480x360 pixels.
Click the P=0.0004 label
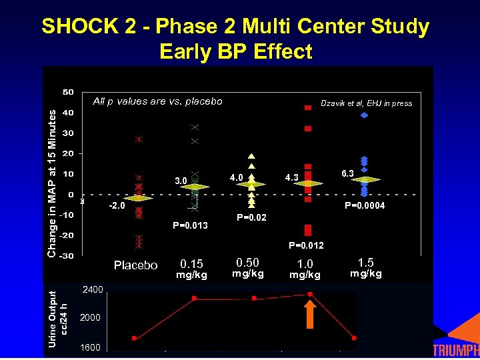(x=364, y=206)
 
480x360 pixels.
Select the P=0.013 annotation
(x=190, y=225)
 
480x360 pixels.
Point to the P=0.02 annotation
(x=251, y=217)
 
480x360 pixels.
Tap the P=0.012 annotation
(x=306, y=245)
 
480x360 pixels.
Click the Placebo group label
(x=136, y=265)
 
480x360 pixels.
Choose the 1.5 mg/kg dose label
(x=366, y=267)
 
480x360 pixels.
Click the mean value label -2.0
(x=117, y=206)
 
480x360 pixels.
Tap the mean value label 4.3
(x=292, y=178)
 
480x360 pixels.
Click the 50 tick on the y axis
(x=69, y=91)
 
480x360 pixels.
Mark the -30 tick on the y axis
(x=67, y=256)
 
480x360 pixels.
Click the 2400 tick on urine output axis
(x=92, y=290)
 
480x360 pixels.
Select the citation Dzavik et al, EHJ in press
(x=366, y=103)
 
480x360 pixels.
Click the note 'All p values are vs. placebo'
(x=157, y=101)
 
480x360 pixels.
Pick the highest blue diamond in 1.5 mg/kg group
(x=364, y=115)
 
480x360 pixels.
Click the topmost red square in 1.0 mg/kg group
(x=308, y=107)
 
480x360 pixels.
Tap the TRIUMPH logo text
(x=456, y=351)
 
